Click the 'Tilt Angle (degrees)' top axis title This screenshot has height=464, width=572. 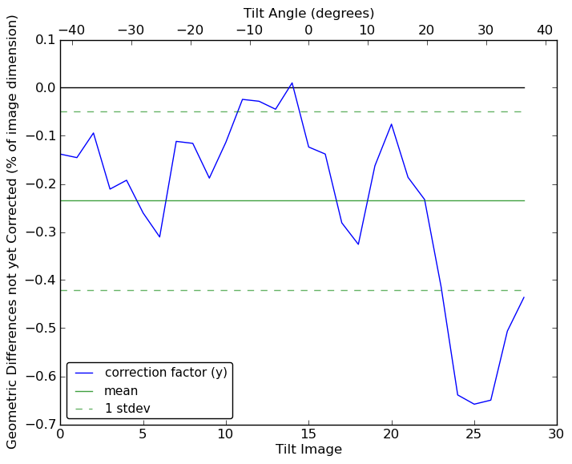[x=308, y=13]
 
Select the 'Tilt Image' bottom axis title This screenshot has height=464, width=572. [x=308, y=450]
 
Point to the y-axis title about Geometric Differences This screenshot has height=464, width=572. [x=13, y=232]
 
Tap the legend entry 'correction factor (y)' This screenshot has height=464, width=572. [x=166, y=373]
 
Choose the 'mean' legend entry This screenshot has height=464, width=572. [x=121, y=391]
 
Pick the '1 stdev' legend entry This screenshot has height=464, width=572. [x=127, y=409]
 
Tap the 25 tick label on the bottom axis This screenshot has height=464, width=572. [x=474, y=434]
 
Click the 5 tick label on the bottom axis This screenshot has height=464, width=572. [x=143, y=434]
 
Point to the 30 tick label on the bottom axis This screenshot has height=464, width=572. [x=557, y=434]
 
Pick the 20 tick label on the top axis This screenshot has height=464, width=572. [x=426, y=30]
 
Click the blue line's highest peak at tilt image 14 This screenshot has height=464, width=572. [x=292, y=83]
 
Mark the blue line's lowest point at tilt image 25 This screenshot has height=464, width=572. [x=474, y=404]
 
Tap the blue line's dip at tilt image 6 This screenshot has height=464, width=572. [x=159, y=236]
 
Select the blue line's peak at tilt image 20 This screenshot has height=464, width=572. [x=391, y=124]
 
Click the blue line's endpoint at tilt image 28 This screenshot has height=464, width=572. [x=524, y=297]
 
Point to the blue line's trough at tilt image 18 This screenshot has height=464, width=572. [x=358, y=244]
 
